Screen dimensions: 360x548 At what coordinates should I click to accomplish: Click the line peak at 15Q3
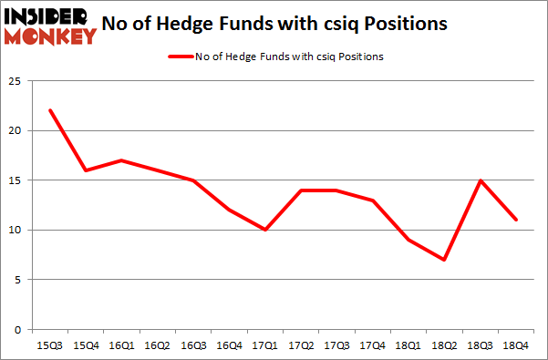tap(50, 110)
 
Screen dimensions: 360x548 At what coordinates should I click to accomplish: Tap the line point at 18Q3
tap(479, 180)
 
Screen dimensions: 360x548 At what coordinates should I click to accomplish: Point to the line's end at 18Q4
tap(515, 220)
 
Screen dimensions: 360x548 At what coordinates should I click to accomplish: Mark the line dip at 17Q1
tap(264, 230)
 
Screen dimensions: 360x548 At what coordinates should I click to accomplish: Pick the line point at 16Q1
tap(121, 160)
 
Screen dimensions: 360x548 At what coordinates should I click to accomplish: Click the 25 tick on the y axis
tap(16, 81)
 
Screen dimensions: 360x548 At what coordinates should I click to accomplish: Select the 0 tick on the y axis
tap(19, 329)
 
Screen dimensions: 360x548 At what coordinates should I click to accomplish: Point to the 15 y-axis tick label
tap(16, 180)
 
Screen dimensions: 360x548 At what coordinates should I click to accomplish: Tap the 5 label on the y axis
tap(19, 280)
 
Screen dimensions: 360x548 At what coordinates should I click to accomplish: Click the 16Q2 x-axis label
tap(157, 345)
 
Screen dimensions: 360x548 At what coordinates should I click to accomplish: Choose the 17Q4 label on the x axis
tap(371, 345)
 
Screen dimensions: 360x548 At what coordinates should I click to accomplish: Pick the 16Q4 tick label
tap(229, 345)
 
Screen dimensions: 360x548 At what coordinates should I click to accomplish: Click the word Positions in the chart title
tap(406, 25)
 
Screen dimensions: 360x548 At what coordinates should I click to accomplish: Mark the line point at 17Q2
tap(300, 190)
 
